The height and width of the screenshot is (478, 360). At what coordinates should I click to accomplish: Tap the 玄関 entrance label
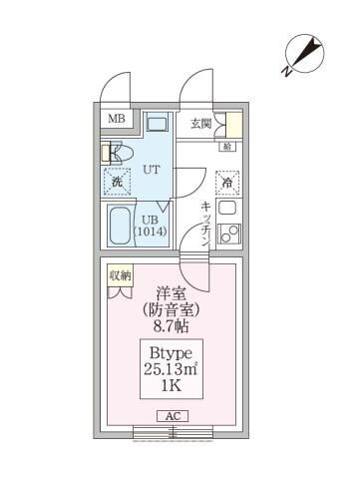[x=201, y=123]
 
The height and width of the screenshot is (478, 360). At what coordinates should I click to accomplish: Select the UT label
[x=154, y=171]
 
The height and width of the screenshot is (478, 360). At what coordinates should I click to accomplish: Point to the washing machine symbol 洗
[x=116, y=183]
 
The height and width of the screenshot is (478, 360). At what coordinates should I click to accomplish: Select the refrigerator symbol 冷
[x=228, y=183]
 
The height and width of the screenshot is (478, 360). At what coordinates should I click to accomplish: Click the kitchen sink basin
[x=227, y=237]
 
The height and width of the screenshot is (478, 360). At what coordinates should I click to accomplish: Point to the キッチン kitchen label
[x=204, y=222]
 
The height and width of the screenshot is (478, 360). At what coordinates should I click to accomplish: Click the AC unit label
[x=170, y=417]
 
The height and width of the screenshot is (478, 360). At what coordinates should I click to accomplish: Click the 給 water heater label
[x=227, y=148]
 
